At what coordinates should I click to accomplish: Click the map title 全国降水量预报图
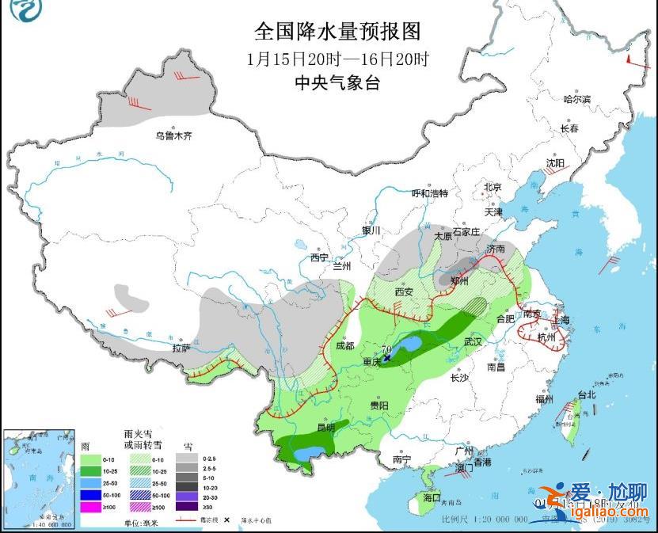(x=337, y=32)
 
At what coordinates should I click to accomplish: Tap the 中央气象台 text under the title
(x=337, y=82)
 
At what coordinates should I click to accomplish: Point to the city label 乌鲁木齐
(x=173, y=136)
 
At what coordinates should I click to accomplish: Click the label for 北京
(x=493, y=187)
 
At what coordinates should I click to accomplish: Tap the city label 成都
(x=344, y=345)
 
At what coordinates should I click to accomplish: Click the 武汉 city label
(x=473, y=341)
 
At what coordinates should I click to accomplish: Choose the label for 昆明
(x=325, y=428)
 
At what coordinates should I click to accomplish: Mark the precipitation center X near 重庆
(x=387, y=358)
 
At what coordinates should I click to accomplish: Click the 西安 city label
(x=404, y=291)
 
